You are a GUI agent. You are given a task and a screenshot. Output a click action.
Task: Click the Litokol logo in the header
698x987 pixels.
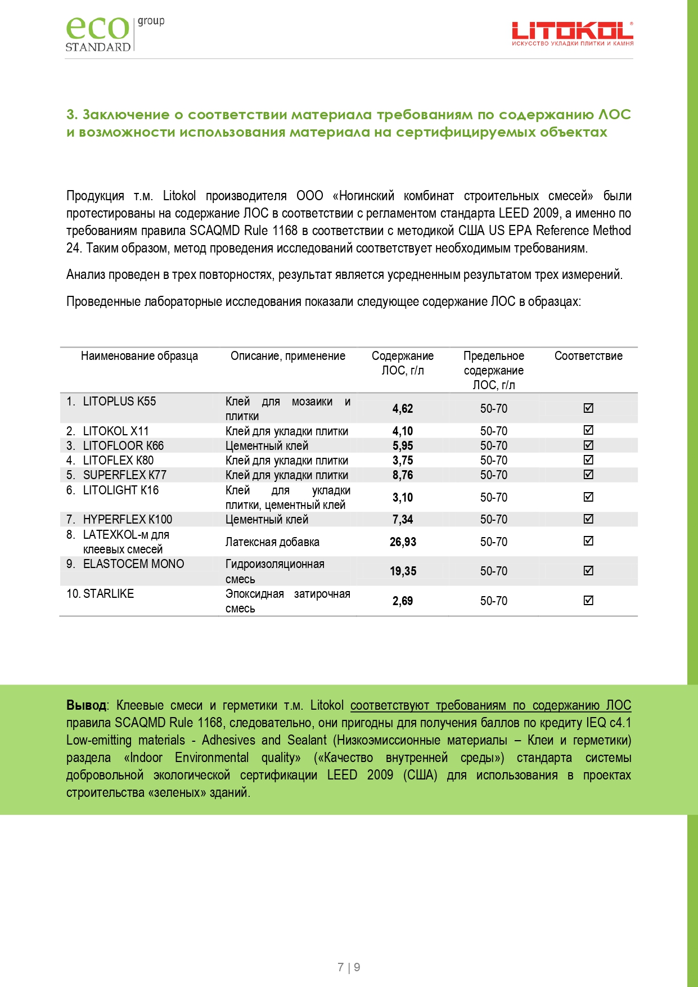coord(572,34)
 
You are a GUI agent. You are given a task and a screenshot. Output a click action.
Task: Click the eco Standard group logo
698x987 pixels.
coord(115,34)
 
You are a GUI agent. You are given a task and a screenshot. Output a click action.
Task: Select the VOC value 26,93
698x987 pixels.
coord(403,542)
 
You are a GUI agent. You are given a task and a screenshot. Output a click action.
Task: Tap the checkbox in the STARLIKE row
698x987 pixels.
coord(588,601)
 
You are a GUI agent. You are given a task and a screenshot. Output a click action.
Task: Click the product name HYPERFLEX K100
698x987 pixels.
coord(127,520)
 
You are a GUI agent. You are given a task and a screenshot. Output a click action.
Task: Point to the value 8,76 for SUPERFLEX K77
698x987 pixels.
coord(403,475)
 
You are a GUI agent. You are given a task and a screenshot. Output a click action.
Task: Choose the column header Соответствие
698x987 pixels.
coord(588,356)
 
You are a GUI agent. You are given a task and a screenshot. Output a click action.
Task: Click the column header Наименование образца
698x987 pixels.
coord(139,356)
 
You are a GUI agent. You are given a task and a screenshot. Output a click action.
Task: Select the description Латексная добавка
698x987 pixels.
coord(272,542)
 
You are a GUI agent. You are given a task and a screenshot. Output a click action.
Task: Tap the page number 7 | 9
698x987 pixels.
coord(349,967)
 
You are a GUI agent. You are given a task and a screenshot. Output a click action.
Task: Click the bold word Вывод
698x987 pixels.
coord(86,705)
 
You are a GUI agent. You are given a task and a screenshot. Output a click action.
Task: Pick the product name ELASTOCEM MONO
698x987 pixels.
coord(133,564)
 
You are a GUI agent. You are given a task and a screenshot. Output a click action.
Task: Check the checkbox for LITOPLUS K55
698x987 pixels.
coord(588,408)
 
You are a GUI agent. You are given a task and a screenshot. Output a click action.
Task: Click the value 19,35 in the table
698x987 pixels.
coord(403,571)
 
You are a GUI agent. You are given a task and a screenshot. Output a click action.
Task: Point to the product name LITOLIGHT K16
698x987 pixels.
coord(120,490)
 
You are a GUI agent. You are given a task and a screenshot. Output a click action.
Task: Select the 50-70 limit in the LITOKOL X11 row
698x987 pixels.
coord(493,431)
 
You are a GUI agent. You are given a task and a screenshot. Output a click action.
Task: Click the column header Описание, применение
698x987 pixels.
coord(288,356)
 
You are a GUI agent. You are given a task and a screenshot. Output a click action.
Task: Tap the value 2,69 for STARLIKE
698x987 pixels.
coord(403,601)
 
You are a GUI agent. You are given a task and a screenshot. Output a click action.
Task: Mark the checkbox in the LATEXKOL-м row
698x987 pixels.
coord(588,541)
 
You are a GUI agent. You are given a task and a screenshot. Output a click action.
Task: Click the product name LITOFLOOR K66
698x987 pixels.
coord(123,446)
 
